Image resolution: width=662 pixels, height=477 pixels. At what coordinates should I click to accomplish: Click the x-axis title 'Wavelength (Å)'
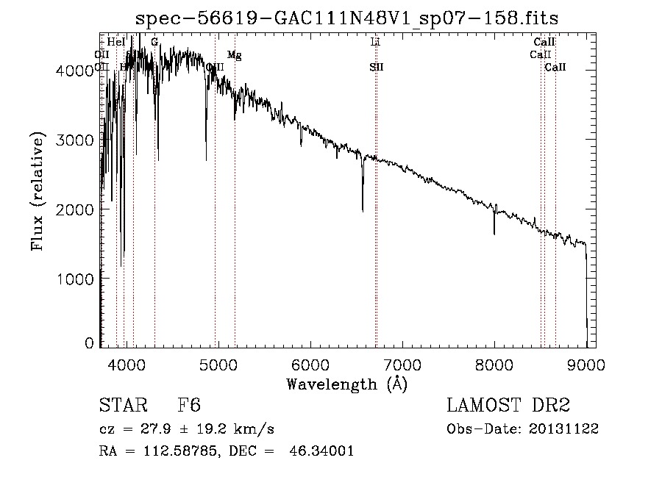tap(346, 383)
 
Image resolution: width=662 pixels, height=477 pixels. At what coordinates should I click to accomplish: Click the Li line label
tap(375, 43)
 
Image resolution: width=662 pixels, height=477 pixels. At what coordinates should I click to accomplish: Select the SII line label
tap(377, 68)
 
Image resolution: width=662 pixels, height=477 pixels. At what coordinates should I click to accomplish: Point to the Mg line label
tap(234, 55)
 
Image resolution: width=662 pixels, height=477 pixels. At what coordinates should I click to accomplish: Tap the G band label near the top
tap(154, 43)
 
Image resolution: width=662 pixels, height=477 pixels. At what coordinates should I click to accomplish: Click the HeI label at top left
tap(116, 43)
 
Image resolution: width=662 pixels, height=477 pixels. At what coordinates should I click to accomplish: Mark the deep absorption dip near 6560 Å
tap(363, 209)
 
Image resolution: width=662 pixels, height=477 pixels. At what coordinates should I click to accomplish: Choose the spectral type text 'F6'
tap(189, 406)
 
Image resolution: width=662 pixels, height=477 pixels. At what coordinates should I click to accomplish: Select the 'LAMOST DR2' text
tap(508, 406)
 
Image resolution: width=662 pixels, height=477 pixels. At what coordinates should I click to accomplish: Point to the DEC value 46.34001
tap(324, 451)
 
